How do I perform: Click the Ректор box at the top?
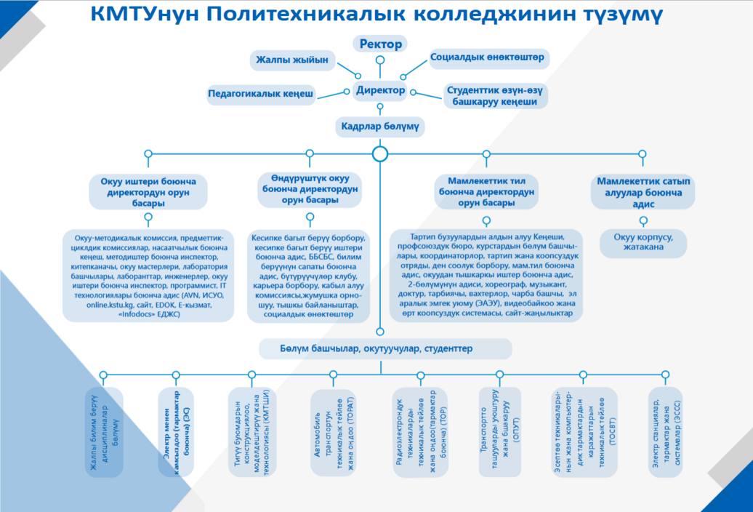(380, 44)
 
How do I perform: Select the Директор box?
(380, 91)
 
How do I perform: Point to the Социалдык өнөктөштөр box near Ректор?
(488, 57)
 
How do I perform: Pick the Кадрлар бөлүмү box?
(379, 127)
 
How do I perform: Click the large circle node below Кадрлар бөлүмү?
(379, 154)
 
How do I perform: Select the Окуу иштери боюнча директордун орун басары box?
(148, 192)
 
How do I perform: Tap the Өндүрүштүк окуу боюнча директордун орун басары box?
(310, 189)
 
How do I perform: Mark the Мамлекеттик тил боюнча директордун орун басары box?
(487, 192)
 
